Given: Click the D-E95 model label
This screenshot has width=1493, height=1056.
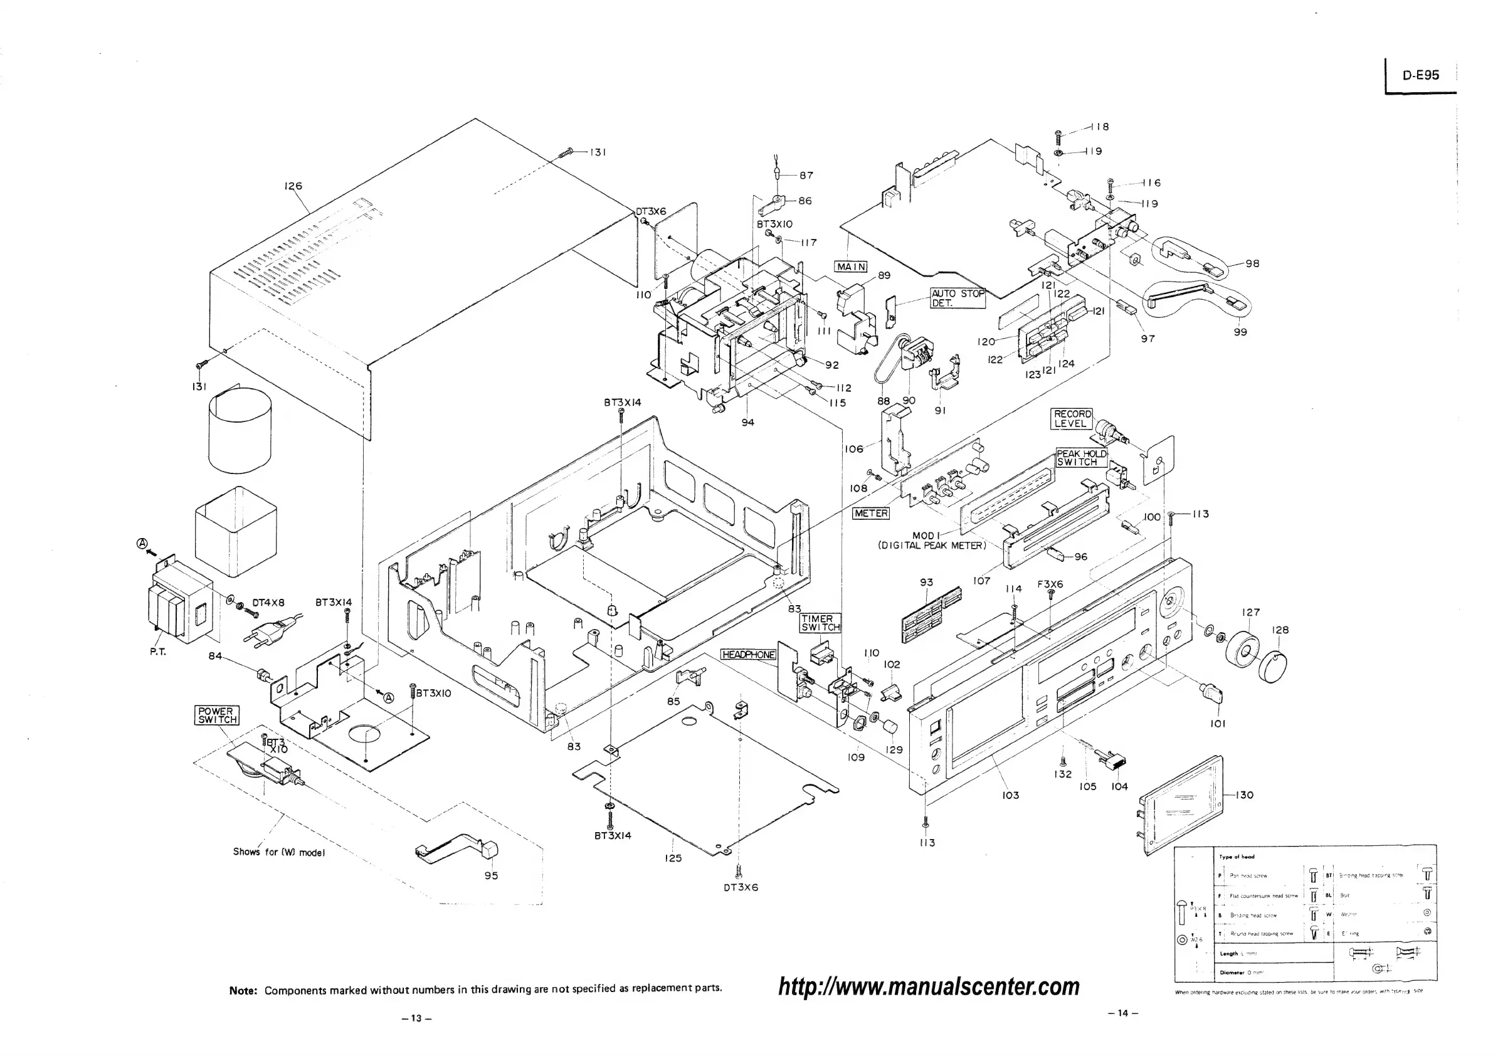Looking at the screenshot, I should tap(1420, 75).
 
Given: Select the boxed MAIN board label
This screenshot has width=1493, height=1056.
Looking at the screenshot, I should tap(850, 267).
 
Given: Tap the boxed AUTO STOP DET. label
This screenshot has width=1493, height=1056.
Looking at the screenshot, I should tap(958, 298).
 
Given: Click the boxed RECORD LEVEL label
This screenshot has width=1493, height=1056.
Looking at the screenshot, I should tap(1072, 419).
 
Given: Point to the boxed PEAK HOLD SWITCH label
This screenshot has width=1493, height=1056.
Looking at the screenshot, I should tap(1081, 458).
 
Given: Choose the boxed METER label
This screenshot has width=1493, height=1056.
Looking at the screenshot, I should tap(871, 513).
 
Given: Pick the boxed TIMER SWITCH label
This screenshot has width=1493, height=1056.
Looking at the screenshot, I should tap(820, 623).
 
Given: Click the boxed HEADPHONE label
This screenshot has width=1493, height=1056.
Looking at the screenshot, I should tap(749, 654).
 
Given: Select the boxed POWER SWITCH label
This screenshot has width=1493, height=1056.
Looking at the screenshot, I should tap(217, 715).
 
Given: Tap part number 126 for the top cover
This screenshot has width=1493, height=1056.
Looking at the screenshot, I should tap(293, 186).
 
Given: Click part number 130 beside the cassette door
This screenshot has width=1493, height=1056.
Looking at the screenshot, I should tap(1243, 795).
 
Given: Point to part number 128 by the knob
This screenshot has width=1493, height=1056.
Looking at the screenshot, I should tap(1280, 630).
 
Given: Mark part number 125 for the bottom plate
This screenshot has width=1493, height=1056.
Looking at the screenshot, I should tap(673, 858).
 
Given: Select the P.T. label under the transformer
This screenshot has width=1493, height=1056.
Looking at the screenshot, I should tap(157, 652).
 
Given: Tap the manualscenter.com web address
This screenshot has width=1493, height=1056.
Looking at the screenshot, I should tap(929, 986).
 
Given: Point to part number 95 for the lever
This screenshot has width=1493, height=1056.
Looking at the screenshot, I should tap(491, 875).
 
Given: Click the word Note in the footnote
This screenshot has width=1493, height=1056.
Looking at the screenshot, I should tap(243, 991).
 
